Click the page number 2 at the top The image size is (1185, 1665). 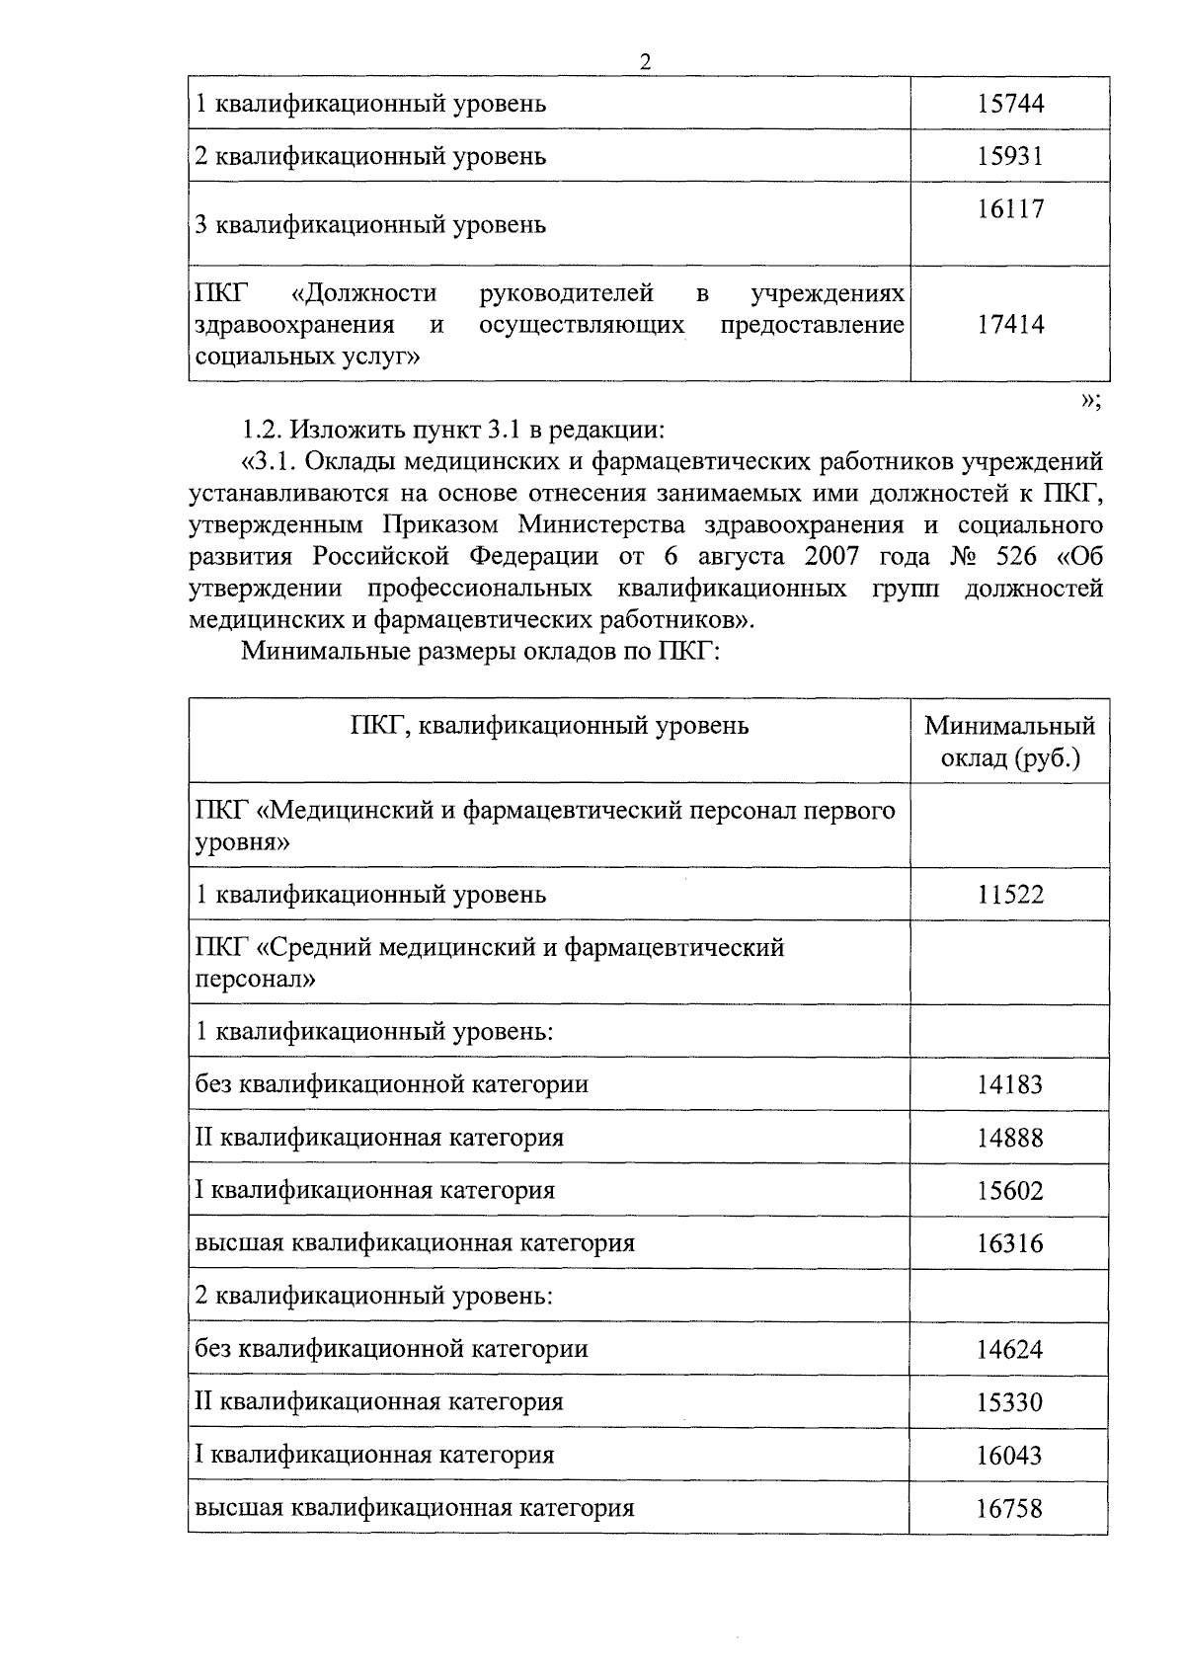tap(646, 62)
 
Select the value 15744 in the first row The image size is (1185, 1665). tap(1010, 104)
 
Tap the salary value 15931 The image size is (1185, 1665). tap(1010, 156)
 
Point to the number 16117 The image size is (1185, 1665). tap(1010, 209)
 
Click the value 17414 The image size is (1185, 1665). tap(1010, 325)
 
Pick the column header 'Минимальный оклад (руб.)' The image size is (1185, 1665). tap(1009, 742)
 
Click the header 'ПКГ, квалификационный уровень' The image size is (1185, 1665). tap(549, 726)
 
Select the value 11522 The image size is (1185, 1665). tap(1010, 895)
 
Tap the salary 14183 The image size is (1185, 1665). tap(1010, 1085)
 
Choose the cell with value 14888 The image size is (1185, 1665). tap(1010, 1138)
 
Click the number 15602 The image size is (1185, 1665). tap(1010, 1191)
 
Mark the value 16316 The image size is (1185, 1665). tap(1010, 1243)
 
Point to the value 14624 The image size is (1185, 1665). tap(1010, 1349)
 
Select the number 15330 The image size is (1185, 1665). tap(1010, 1402)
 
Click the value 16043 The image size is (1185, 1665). tap(1010, 1456)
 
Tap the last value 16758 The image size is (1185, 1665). tap(1010, 1509)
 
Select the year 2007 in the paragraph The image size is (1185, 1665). tap(831, 556)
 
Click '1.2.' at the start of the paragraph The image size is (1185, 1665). tap(263, 431)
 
